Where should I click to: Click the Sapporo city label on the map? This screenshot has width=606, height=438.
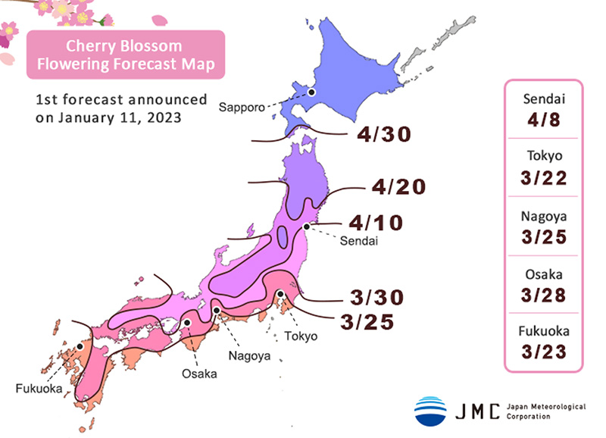point(242,108)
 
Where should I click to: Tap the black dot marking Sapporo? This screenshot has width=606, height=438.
point(310,92)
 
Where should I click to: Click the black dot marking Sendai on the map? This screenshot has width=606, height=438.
point(307,226)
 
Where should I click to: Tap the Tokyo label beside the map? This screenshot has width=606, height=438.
point(301,336)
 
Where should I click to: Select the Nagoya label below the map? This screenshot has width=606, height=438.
point(248,354)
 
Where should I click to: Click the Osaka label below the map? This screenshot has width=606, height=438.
point(198,374)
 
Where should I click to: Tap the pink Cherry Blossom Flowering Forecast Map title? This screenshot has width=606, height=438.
point(126,55)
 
